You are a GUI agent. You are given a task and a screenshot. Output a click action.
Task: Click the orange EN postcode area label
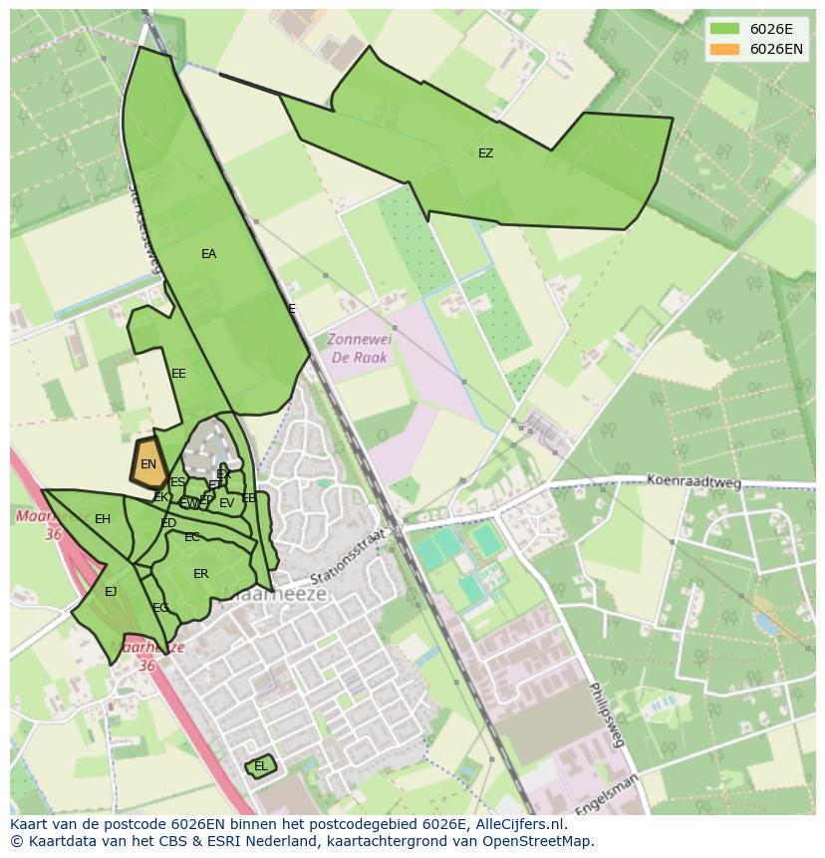click(x=148, y=464)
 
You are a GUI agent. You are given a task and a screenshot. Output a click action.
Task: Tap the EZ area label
click(x=485, y=153)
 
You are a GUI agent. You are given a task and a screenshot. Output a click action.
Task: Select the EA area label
click(x=208, y=254)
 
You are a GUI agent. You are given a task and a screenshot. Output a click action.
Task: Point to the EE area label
click(x=178, y=374)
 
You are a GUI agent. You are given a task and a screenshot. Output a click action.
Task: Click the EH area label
click(x=103, y=519)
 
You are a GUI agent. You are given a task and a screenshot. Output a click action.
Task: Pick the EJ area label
click(x=111, y=592)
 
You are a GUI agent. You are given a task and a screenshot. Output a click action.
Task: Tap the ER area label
click(x=201, y=574)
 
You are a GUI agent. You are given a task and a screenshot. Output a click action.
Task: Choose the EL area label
click(x=260, y=766)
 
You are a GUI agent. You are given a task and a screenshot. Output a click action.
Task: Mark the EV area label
click(x=226, y=503)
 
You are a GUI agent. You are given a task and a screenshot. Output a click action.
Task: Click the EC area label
click(x=192, y=537)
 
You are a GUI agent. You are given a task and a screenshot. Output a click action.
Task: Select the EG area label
click(x=160, y=608)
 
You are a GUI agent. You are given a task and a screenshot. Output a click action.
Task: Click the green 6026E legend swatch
click(x=724, y=29)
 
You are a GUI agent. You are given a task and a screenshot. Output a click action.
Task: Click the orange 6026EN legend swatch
click(x=724, y=49)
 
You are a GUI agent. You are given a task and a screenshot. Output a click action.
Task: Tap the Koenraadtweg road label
click(x=694, y=483)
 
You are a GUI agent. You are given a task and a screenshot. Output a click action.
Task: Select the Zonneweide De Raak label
click(x=360, y=349)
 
